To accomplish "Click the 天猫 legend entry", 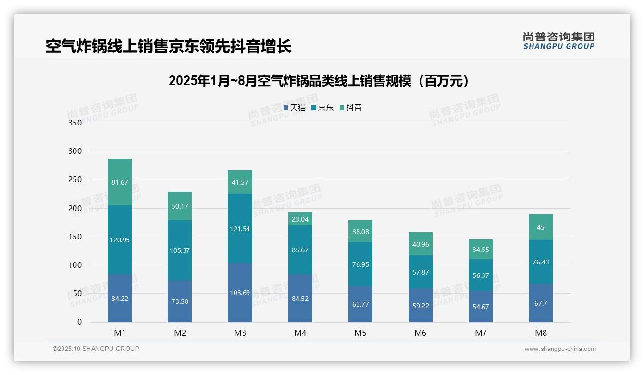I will point(295,108).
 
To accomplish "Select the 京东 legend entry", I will point(322,108).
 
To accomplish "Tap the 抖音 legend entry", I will point(351,108).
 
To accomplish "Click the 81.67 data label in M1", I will point(120,182).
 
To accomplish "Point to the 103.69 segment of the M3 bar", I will point(240,293).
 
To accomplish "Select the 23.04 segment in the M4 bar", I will point(300,219).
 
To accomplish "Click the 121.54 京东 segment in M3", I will point(240,229).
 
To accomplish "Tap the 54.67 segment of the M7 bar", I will point(480,307).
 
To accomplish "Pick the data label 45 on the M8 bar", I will point(540,227).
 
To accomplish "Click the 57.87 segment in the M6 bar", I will point(420,272).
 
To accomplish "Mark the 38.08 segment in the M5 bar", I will point(360,231).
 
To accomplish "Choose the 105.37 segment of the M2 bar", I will point(180,250).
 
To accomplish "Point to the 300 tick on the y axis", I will point(75,151).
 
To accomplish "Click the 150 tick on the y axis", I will point(75,237).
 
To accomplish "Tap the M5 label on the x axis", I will point(360,333).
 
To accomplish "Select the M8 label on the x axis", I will point(540,333).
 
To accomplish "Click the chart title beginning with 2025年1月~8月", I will point(319,81).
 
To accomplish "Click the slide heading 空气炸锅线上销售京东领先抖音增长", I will point(169,47).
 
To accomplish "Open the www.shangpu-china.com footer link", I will point(560,349).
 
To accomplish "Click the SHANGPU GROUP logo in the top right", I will point(558,41).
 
